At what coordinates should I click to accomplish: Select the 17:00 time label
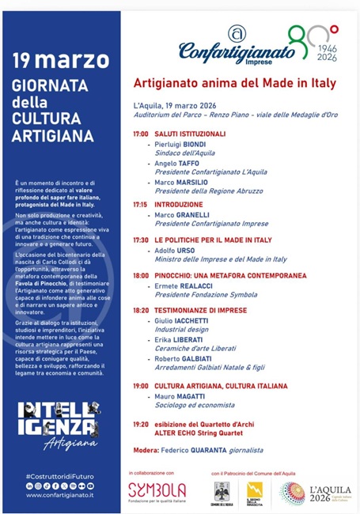coord(140,134)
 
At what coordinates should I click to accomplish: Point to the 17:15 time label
coord(140,204)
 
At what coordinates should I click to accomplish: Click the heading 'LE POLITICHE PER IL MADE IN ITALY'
coord(213,240)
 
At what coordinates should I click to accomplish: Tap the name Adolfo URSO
coord(176,250)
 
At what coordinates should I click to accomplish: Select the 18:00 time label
coord(140,275)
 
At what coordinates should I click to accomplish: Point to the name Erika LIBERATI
coord(180,339)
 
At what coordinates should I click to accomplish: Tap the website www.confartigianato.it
coord(59,495)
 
